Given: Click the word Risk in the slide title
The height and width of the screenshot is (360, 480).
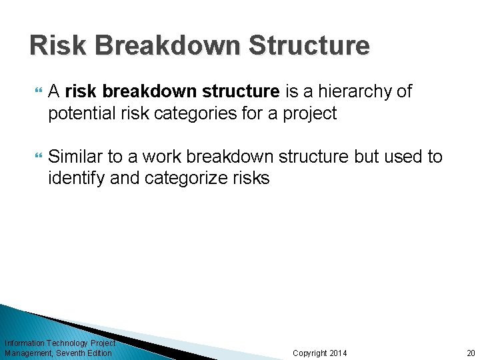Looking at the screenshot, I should pyautogui.click(x=58, y=45).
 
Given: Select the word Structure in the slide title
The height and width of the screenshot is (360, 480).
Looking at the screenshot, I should pyautogui.click(x=309, y=45).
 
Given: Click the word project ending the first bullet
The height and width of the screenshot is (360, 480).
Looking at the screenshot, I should pyautogui.click(x=310, y=114).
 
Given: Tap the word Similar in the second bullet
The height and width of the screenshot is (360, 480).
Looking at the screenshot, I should pyautogui.click(x=73, y=157).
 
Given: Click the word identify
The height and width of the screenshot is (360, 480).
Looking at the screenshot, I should pyautogui.click(x=73, y=179).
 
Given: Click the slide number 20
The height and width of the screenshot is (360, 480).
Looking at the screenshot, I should pyautogui.click(x=471, y=353).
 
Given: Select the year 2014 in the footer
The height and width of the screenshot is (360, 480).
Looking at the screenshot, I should pyautogui.click(x=337, y=353).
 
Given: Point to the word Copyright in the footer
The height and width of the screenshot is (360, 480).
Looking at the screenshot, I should pyautogui.click(x=310, y=353).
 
